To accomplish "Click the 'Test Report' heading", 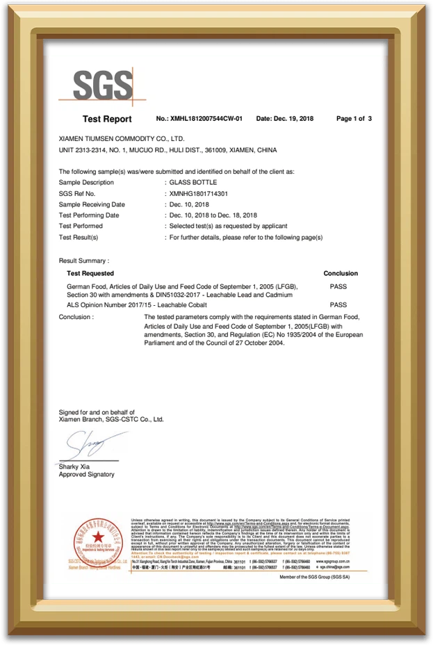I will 106,119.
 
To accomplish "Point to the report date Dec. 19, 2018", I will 285,119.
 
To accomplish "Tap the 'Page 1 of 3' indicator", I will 354,119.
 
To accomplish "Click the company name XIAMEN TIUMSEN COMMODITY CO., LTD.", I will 122,139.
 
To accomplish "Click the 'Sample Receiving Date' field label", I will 92,204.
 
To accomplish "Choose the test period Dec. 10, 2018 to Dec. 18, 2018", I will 213,215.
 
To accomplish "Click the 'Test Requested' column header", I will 90,274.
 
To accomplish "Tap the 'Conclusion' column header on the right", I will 341,274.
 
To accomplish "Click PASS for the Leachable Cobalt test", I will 338,304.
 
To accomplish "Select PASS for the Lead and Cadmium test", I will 338,286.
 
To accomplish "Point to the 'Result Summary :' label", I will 84,261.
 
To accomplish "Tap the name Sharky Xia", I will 74,466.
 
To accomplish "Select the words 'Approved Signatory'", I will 87,475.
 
